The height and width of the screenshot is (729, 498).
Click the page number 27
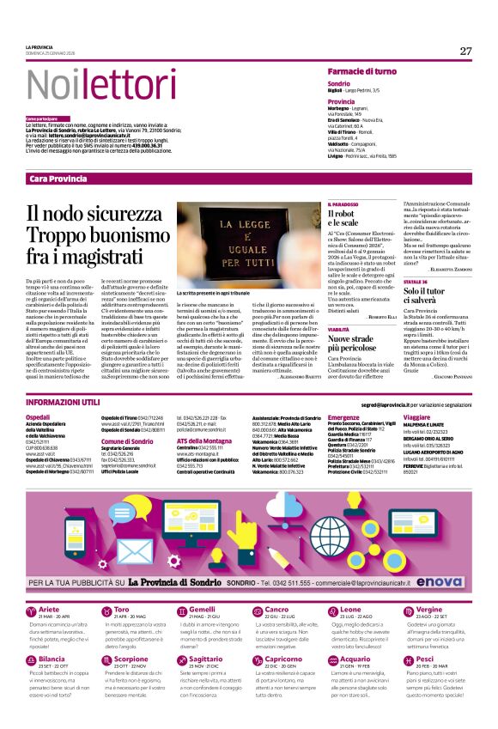tap(465, 51)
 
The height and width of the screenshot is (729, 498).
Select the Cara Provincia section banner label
tap(58, 178)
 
